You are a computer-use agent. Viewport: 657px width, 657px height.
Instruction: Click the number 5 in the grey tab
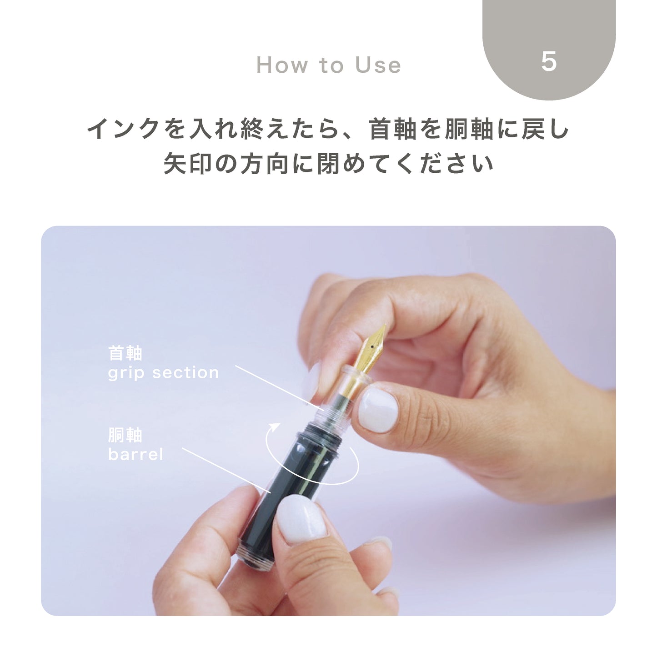pyautogui.click(x=549, y=61)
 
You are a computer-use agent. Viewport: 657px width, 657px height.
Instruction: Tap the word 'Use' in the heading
pyautogui.click(x=378, y=65)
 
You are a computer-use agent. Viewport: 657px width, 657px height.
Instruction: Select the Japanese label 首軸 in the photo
pyautogui.click(x=125, y=353)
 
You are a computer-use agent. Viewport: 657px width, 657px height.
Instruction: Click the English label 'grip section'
pyautogui.click(x=163, y=373)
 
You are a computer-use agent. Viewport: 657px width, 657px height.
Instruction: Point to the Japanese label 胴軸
pyautogui.click(x=125, y=435)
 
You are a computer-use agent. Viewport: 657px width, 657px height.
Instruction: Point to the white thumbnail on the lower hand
pyautogui.click(x=301, y=517)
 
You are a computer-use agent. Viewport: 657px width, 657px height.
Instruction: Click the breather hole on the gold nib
pyautogui.click(x=372, y=348)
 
